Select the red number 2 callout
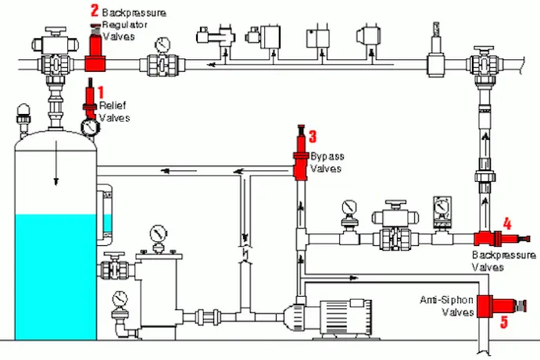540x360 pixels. (95, 11)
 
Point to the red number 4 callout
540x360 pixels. (506, 223)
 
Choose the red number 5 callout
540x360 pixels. (503, 321)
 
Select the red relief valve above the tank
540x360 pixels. (91, 105)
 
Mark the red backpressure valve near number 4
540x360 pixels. (485, 237)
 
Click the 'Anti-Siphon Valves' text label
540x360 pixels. (448, 305)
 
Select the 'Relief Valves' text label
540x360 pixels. (114, 112)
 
